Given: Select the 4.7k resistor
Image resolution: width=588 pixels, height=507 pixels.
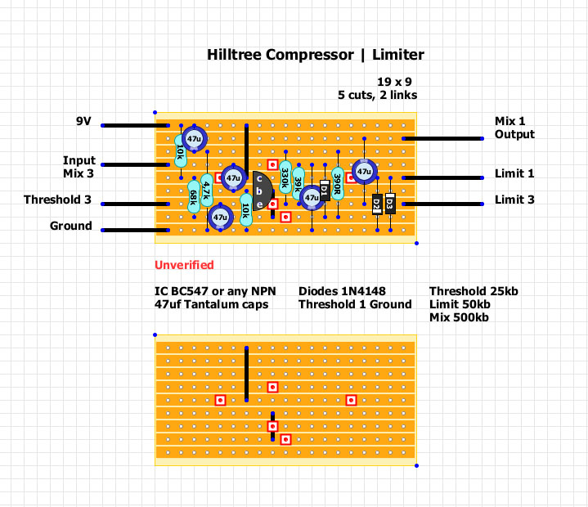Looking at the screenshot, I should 207,191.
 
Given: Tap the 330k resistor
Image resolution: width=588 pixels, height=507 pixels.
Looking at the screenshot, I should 285,175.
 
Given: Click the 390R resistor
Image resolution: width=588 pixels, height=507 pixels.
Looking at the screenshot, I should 338,182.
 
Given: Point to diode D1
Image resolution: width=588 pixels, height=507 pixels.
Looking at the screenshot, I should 325,191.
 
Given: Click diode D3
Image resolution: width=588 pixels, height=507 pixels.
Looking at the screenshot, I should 390,204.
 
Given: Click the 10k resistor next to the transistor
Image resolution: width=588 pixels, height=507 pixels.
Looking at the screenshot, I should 246,210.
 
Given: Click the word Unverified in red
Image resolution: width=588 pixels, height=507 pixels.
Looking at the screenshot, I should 184,265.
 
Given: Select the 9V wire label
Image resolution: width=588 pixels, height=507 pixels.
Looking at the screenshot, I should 83,121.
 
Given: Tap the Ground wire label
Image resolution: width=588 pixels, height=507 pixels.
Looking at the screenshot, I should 71,226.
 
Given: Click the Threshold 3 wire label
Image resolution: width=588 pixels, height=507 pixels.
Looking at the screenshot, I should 58,200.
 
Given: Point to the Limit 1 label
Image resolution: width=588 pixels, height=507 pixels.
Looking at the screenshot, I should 514,173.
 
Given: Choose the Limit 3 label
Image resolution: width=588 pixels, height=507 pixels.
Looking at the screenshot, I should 514,200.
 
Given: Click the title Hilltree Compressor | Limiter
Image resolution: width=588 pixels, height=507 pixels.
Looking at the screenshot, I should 316,55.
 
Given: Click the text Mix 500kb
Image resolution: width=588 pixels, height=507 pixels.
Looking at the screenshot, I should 460,317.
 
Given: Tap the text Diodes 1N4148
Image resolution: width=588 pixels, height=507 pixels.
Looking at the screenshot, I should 342,291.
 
